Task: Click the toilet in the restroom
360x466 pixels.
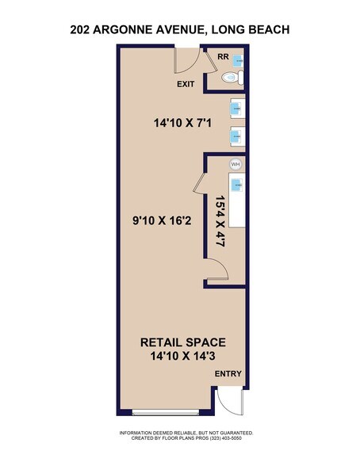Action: [230, 78]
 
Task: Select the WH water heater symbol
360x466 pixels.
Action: [235, 164]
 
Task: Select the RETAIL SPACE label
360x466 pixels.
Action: [183, 342]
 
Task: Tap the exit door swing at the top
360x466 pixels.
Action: [187, 59]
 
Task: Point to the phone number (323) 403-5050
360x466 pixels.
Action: [224, 437]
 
